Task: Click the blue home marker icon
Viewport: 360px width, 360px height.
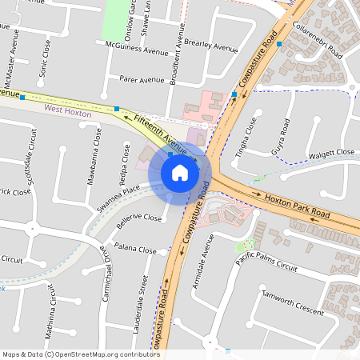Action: pos(180,173)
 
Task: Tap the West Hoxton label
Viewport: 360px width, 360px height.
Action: pos(68,114)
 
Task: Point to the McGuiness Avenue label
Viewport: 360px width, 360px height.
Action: pos(132,49)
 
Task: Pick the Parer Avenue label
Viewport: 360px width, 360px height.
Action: pos(142,80)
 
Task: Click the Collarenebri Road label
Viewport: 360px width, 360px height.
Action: pos(318,42)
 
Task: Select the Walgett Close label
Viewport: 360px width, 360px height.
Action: pos(332,152)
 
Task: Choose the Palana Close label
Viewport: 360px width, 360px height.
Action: pos(135,250)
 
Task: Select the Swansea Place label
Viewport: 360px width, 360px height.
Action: pos(118,194)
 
